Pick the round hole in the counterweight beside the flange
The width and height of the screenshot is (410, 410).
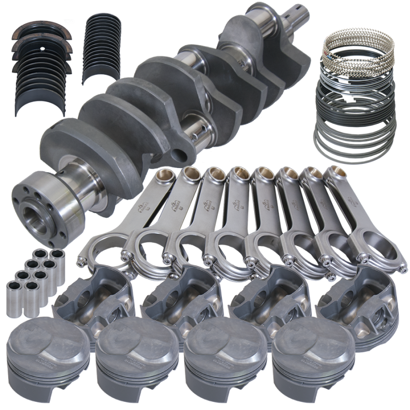[x=180, y=154]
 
